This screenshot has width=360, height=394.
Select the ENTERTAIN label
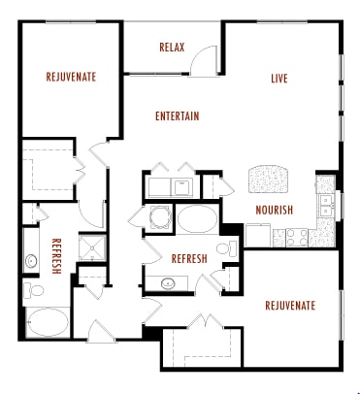[177, 116]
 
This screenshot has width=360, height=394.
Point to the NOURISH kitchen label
[275, 210]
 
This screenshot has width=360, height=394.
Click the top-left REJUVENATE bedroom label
[71, 77]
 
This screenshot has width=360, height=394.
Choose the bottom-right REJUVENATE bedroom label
[290, 306]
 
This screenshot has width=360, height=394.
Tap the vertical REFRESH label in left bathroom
[57, 257]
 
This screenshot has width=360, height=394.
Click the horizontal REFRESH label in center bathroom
[188, 259]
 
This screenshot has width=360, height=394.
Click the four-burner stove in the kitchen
[287, 235]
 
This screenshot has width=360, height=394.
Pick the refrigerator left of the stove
[257, 234]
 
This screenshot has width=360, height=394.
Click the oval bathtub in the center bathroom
[198, 218]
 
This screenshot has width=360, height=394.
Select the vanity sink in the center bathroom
[167, 283]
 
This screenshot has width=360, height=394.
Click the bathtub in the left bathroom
[46, 321]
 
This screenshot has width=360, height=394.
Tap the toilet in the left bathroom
[32, 290]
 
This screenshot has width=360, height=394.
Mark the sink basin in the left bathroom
[31, 260]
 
